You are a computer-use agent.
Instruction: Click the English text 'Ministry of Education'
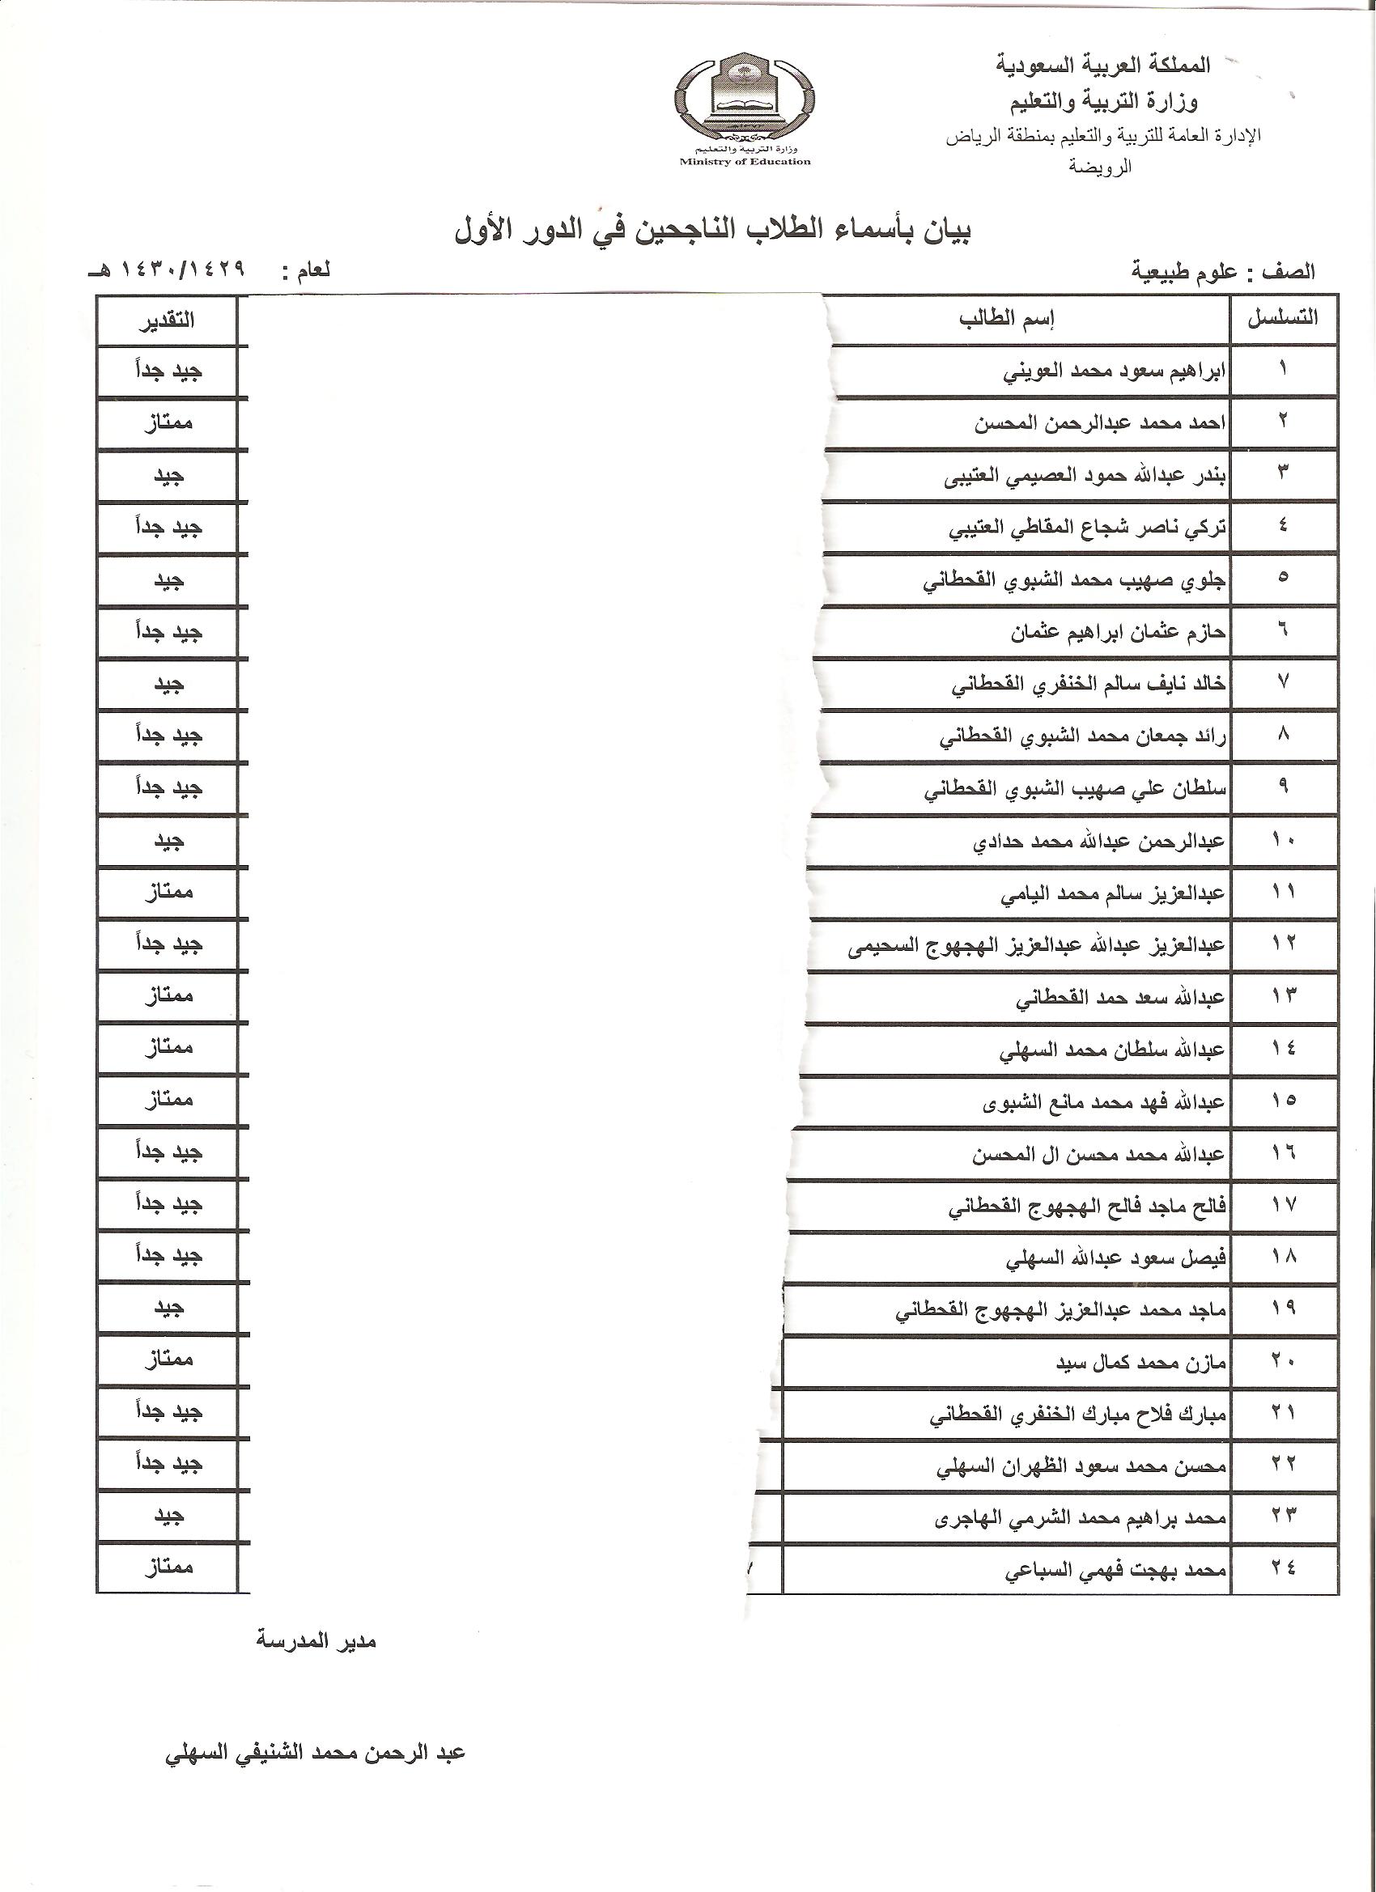point(745,162)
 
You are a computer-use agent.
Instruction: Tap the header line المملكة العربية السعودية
point(1103,66)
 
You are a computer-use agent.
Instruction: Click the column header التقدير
point(167,320)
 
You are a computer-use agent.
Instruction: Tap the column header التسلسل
point(1283,319)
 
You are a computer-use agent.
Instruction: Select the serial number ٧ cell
point(1283,682)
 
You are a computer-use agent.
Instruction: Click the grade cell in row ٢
point(167,423)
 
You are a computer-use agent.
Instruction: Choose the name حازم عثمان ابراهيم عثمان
point(1118,632)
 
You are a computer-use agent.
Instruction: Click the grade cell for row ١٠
point(167,840)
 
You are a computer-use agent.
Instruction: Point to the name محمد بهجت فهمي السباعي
point(1115,1572)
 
